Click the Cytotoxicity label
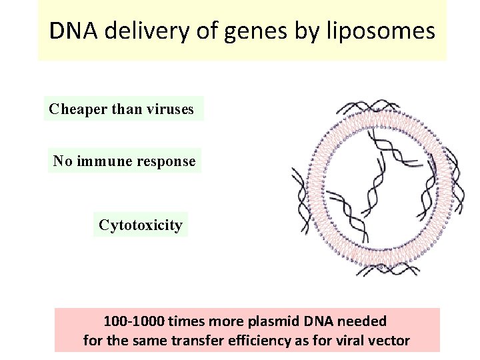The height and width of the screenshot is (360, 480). tap(140, 225)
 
